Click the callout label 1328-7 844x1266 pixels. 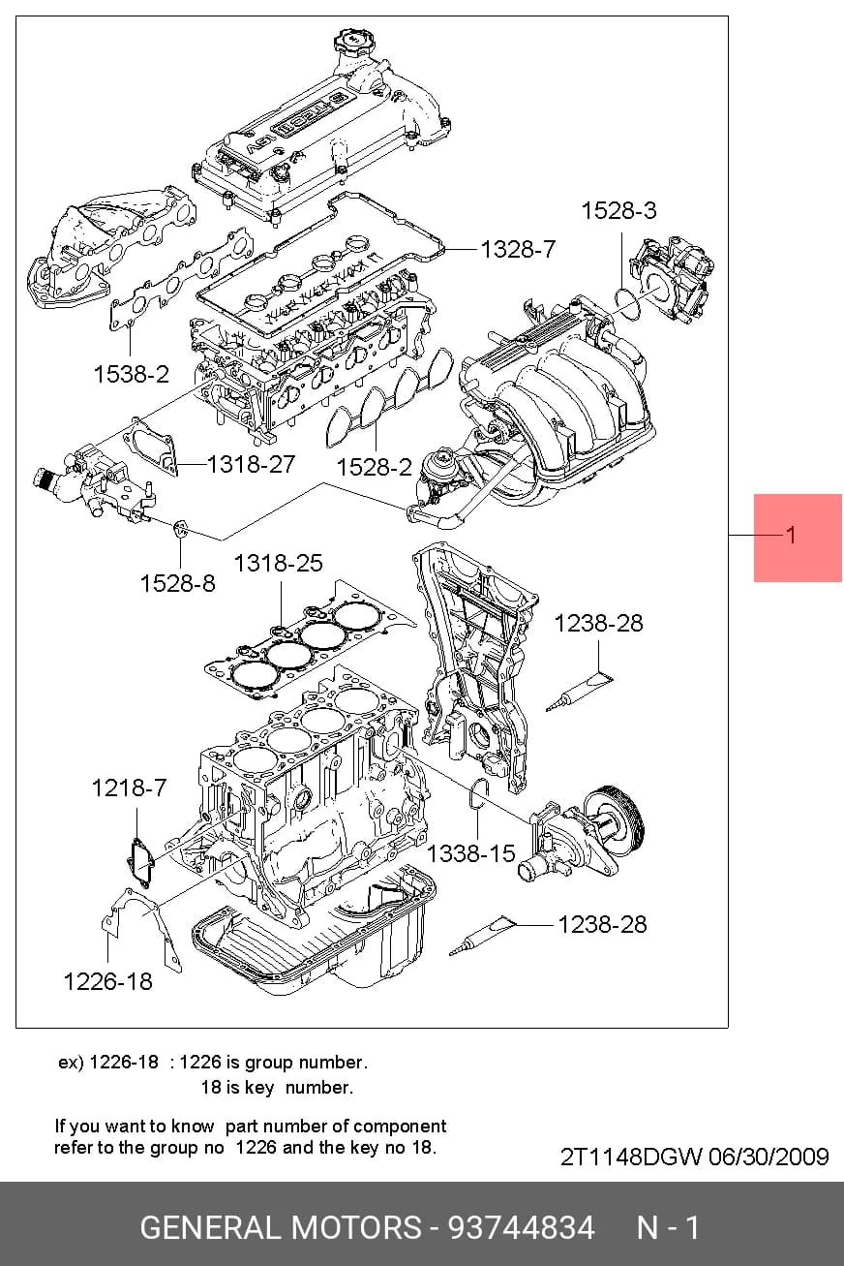[x=518, y=249]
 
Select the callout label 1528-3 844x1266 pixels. [x=619, y=211]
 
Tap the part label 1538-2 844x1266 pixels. [x=131, y=374]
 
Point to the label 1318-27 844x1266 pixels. [x=252, y=465]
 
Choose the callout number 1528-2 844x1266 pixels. [x=374, y=468]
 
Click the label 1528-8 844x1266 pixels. [x=177, y=584]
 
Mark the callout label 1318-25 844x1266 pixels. [x=279, y=564]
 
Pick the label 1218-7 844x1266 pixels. [x=130, y=787]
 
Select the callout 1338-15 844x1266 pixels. [x=470, y=853]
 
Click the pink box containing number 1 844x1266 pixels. [x=798, y=538]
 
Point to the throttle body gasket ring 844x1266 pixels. [x=627, y=303]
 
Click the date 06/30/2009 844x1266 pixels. [x=769, y=1157]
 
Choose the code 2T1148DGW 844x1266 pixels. [x=631, y=1157]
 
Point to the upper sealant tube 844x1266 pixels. [x=579, y=692]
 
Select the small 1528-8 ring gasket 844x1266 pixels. [x=181, y=529]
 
